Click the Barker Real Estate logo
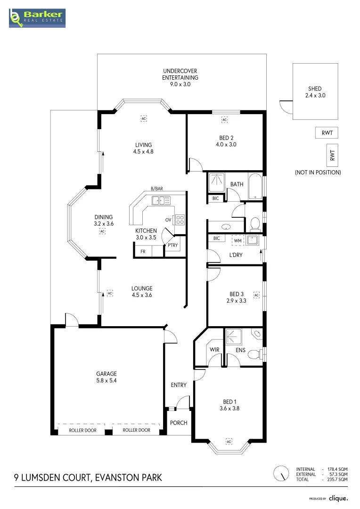37,18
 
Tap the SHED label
315,89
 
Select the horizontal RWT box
327,133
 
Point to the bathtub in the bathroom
255,186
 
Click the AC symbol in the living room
144,118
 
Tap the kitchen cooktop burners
180,220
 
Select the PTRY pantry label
172,246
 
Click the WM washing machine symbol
237,240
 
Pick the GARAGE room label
106,374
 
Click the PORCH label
179,423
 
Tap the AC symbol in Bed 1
229,442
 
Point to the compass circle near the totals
281,474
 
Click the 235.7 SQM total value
337,479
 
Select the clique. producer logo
338,498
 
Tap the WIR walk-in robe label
214,350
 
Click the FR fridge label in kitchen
143,252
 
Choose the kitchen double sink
161,201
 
